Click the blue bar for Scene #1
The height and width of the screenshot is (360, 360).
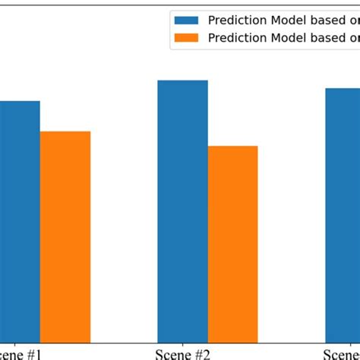[19, 220]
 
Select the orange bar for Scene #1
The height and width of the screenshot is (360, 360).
[65, 235]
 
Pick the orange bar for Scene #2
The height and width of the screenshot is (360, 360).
[232, 243]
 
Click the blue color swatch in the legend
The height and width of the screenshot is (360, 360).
[185, 20]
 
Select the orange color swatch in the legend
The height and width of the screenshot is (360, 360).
[185, 37]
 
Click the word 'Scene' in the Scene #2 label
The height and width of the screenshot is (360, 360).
[172, 354]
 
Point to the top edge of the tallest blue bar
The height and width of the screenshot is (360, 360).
[182, 81]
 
